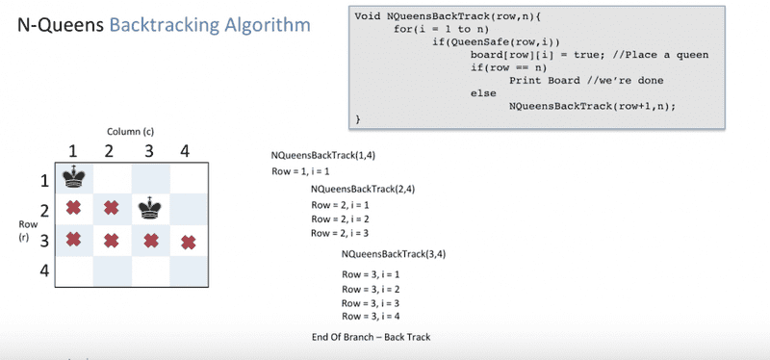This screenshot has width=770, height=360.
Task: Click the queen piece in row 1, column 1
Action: [x=72, y=177]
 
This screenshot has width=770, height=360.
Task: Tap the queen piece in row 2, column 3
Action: [x=148, y=207]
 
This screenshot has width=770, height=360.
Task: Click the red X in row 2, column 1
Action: [x=72, y=208]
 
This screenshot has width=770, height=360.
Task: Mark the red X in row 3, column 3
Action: [x=149, y=239]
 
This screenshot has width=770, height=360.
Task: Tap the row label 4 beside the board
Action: [x=43, y=270]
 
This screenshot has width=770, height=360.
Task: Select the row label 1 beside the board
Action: [x=43, y=179]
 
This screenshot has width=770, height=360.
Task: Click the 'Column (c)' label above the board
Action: [x=131, y=130]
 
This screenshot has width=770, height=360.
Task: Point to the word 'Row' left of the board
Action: [x=26, y=223]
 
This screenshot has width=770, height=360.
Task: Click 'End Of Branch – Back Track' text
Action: [x=371, y=337]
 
